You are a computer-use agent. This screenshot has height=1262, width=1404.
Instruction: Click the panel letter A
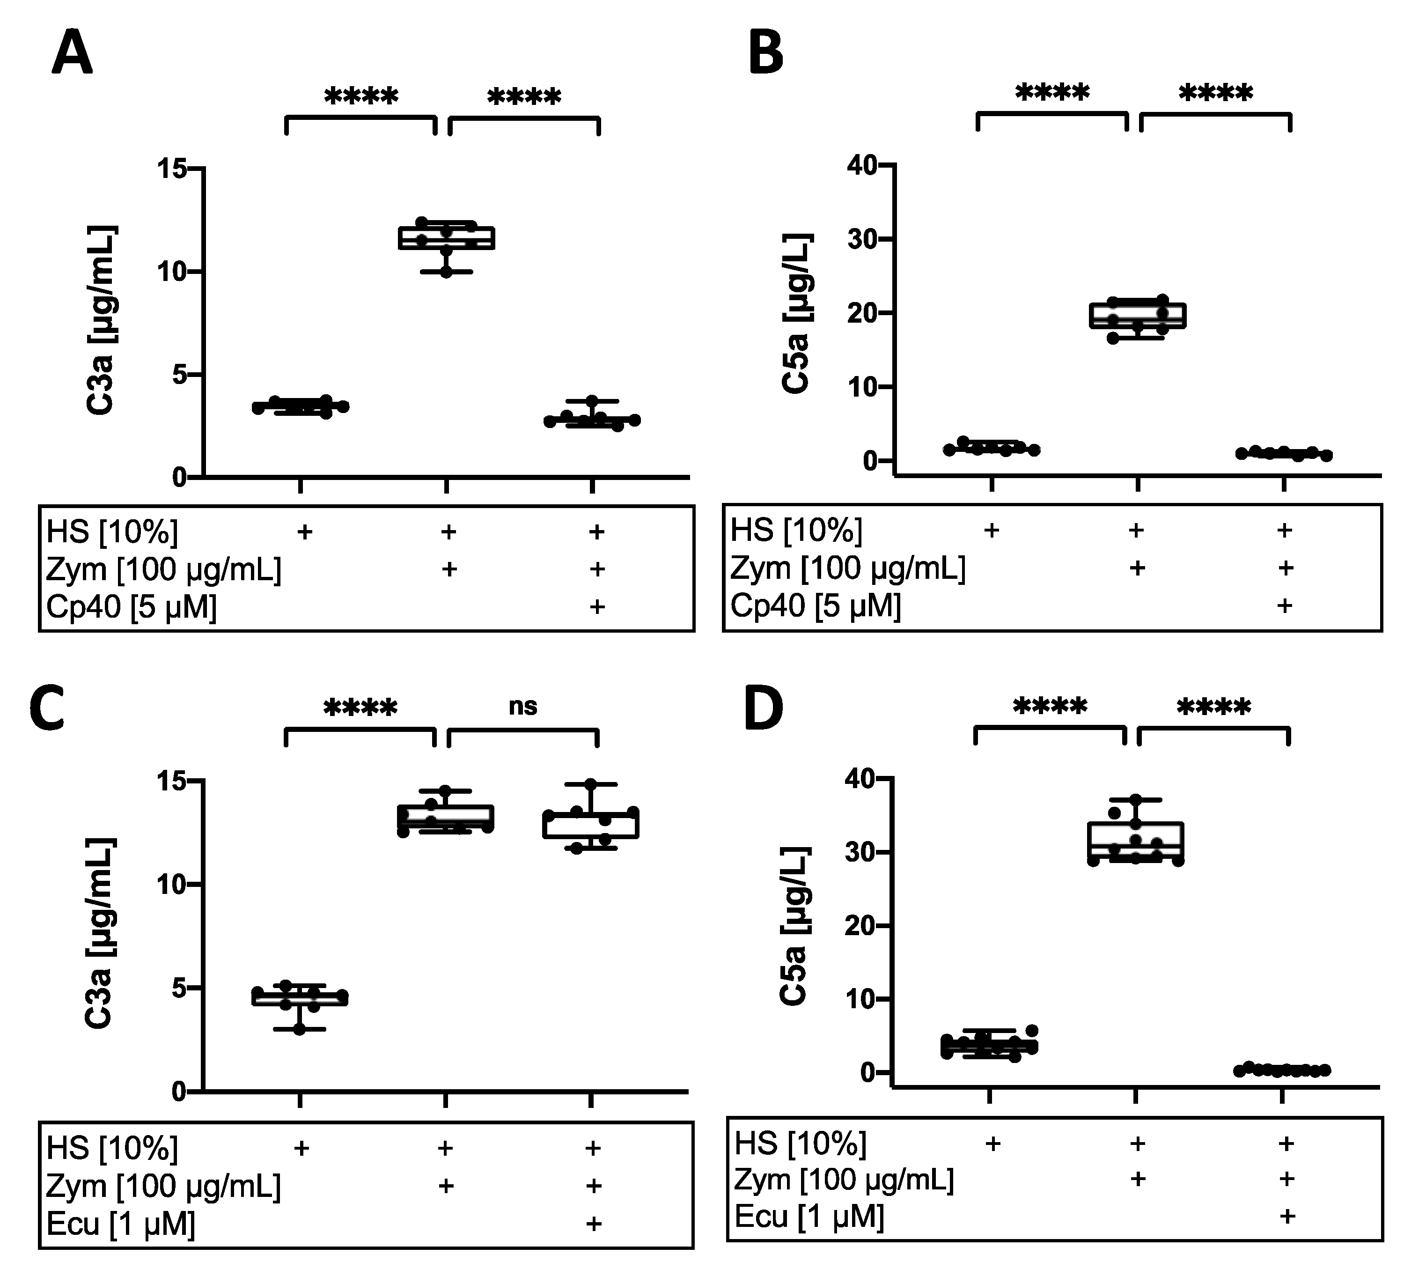(72, 55)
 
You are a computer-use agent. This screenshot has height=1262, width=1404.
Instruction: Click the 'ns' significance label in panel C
(523, 706)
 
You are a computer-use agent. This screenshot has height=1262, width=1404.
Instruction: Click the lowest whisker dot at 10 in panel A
(446, 272)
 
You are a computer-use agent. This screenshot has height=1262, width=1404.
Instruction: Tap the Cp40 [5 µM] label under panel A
(132, 607)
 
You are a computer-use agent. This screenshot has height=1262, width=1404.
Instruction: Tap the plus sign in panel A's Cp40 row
(596, 607)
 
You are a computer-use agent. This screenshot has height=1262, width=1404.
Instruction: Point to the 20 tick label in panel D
(860, 926)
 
